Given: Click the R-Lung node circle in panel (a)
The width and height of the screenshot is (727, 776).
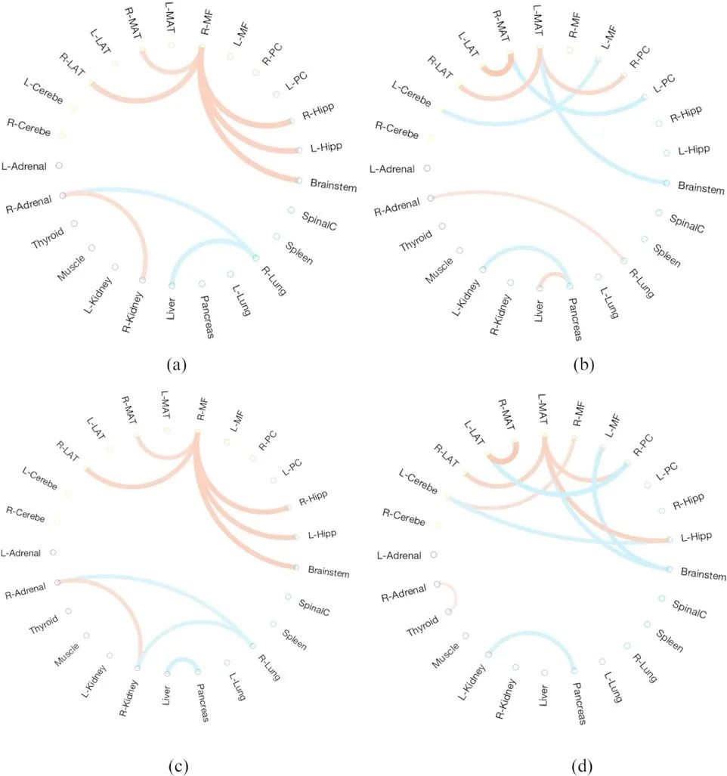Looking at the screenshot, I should point(255,258).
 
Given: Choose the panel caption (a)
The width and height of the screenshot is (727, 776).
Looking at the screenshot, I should point(175,365).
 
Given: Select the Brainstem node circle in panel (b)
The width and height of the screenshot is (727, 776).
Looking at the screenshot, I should point(666,183).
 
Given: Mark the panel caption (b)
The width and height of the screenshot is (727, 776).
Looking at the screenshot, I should point(583,365).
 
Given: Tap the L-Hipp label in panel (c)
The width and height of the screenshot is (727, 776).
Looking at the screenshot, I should point(323,534).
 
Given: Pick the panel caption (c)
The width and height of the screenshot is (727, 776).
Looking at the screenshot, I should point(175,765).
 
